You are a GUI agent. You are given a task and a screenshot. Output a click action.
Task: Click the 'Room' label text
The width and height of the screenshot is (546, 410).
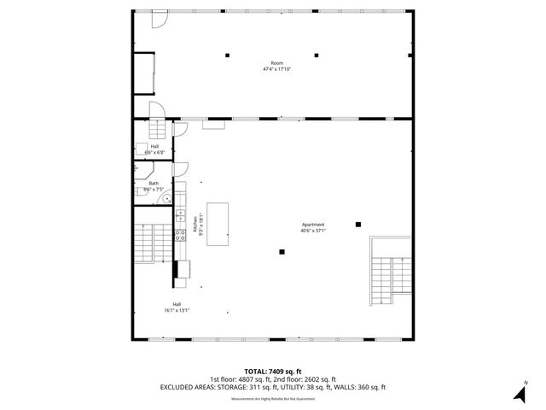coord(276,63)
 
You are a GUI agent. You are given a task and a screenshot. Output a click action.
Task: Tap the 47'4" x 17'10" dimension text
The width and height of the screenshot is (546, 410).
coord(276,69)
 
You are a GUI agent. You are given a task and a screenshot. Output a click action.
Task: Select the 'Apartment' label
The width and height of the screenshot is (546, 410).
coord(312,224)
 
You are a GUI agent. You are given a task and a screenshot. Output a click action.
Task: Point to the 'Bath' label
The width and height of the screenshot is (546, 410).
coord(154,183)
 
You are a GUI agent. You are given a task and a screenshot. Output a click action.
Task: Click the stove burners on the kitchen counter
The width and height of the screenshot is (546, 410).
coord(180,236)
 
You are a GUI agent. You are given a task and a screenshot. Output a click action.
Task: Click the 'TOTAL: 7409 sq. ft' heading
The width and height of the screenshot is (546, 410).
coord(272,372)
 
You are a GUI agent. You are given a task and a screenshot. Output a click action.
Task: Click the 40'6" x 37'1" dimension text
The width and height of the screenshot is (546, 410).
coord(312,230)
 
